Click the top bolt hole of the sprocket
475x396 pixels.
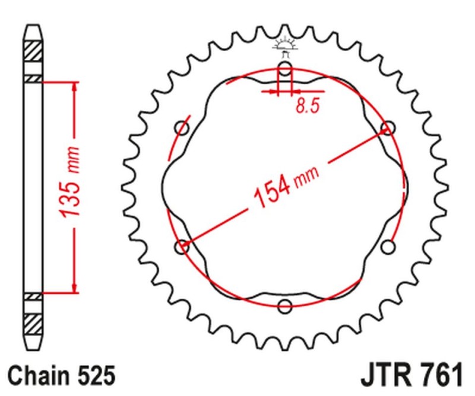pos(285,71)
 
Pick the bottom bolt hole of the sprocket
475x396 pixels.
pos(285,306)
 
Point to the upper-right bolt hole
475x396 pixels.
pos(388,127)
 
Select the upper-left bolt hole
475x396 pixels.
pos(182,128)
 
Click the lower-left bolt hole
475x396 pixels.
pos(183,246)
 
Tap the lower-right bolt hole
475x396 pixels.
pos(388,246)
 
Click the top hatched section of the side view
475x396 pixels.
pos(33,51)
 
